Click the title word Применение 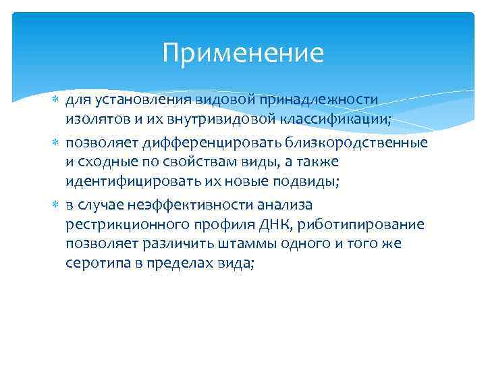243,53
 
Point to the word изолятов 94,120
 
